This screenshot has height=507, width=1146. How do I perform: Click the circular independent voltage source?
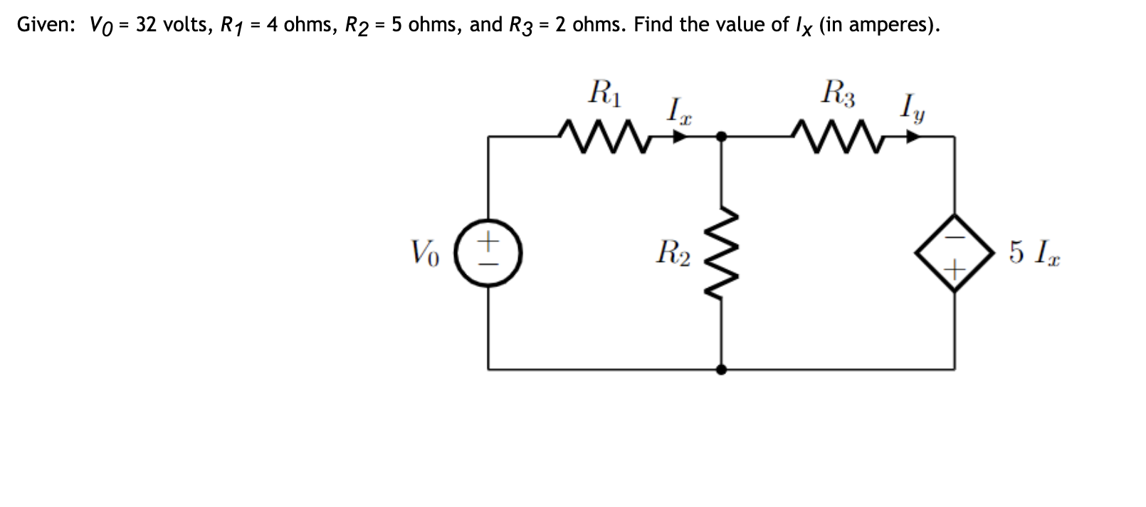coord(488,252)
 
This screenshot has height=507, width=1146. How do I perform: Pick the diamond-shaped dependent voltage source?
coord(955,252)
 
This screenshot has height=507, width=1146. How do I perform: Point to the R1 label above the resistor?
coord(605,93)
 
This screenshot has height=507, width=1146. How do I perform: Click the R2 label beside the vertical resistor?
coord(673,253)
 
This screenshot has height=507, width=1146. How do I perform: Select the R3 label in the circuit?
coord(839,93)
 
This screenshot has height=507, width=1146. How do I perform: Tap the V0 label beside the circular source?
coord(425,253)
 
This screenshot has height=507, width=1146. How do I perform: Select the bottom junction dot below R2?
coord(721,370)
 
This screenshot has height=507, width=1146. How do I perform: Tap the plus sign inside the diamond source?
coord(955,269)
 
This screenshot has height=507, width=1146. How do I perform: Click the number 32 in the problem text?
coord(147,25)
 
